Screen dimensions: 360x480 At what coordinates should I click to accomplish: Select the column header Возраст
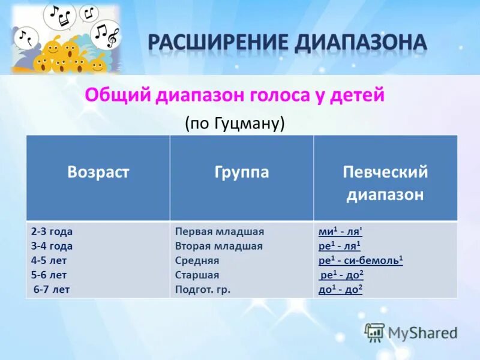tap(98, 173)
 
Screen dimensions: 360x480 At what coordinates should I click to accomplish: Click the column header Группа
tap(242, 173)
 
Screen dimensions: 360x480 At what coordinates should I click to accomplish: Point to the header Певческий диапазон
tap(385, 183)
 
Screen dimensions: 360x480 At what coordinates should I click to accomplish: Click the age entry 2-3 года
tap(52, 232)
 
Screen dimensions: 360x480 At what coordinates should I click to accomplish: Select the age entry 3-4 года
tap(52, 246)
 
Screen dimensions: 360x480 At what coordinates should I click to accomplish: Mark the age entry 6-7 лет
tap(52, 289)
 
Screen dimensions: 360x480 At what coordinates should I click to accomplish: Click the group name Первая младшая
tap(220, 232)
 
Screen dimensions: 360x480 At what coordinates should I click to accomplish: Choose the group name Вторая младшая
tap(219, 246)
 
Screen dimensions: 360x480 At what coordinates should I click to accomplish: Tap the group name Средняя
tap(197, 260)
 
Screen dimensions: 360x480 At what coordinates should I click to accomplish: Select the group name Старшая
tap(197, 275)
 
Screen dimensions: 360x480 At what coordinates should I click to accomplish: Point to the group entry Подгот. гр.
tap(203, 289)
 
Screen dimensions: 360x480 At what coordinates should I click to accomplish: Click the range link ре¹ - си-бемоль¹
tap(361, 260)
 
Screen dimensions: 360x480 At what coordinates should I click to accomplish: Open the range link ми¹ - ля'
tap(340, 232)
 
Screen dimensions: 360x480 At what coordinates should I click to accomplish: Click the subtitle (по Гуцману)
tap(234, 123)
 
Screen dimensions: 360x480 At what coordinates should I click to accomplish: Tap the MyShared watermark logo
tap(412, 332)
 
